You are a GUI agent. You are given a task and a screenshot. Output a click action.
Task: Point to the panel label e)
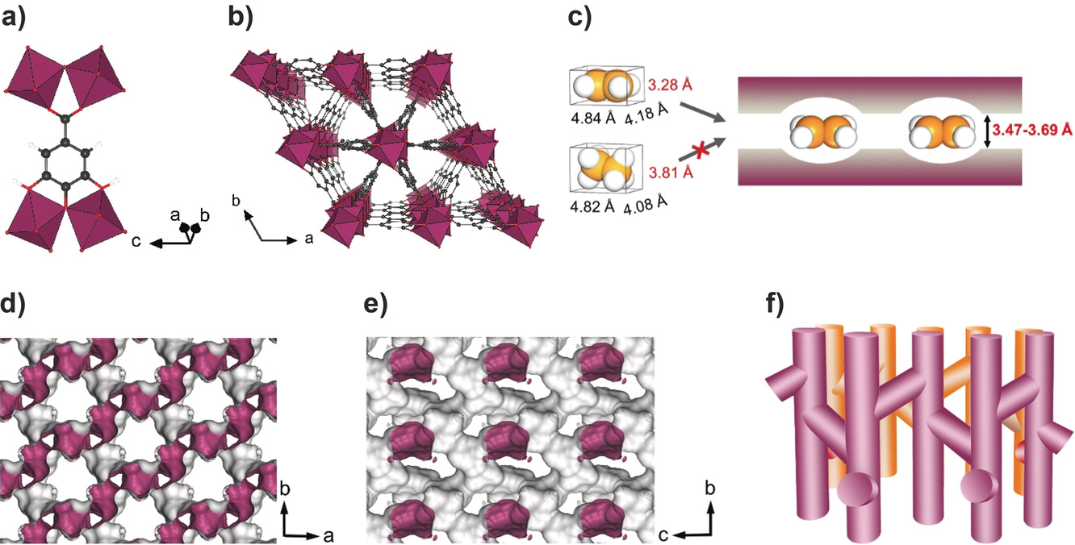point(376,304)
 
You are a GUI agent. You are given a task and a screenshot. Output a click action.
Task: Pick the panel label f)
point(775,304)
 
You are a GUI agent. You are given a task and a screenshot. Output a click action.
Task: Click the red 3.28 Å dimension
point(670,85)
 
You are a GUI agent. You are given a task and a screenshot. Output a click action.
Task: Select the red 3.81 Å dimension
point(671,172)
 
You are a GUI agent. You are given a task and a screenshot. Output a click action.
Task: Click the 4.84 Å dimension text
point(593,118)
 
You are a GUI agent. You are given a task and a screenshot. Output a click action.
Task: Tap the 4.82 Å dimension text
point(592,206)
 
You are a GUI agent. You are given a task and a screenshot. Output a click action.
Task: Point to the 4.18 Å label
point(646,114)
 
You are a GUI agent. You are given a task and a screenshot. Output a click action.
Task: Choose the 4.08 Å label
point(646,205)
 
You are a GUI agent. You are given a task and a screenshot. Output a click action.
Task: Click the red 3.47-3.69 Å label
point(1032,130)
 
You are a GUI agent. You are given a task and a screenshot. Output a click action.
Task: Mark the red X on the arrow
point(701,148)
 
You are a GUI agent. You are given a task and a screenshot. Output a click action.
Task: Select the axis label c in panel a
point(136,241)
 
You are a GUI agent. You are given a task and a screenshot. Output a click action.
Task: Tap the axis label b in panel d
point(285,489)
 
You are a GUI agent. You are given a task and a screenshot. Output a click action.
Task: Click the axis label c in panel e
point(663,535)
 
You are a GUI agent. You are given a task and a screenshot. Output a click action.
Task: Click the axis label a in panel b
point(309,238)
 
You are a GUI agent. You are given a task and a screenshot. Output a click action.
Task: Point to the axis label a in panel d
point(328,536)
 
